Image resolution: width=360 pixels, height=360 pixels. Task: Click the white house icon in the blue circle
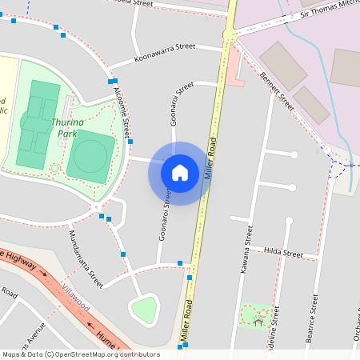click(x=180, y=173)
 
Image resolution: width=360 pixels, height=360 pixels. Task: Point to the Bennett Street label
click(x=278, y=97)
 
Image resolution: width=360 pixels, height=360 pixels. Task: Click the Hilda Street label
click(x=284, y=252)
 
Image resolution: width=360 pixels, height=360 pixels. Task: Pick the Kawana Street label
click(x=248, y=250)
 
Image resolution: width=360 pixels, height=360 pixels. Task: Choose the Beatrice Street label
click(x=314, y=319)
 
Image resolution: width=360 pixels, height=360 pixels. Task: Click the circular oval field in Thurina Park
click(x=90, y=154)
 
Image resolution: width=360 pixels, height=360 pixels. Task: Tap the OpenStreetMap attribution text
click(x=80, y=354)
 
